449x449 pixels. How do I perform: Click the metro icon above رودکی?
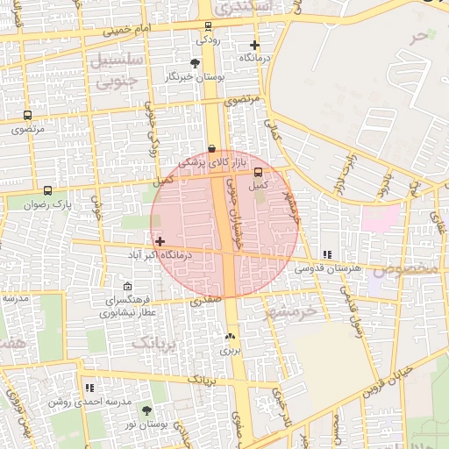click(208, 26)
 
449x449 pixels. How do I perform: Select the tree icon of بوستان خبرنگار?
click(195, 63)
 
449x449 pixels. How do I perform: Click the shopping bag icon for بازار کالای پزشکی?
click(211, 149)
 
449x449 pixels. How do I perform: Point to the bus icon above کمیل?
click(257, 172)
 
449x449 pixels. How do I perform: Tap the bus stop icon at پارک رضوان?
click(47, 190)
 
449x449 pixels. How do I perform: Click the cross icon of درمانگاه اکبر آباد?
click(160, 240)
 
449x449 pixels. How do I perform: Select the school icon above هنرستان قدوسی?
click(326, 253)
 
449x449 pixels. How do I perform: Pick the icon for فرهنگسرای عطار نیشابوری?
click(128, 287)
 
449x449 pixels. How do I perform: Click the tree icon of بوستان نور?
click(146, 410)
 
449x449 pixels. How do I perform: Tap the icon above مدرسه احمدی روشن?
click(89, 387)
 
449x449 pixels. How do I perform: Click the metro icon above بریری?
click(230, 336)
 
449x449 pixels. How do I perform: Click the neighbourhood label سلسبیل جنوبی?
click(110, 73)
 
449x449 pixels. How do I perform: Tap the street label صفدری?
click(203, 301)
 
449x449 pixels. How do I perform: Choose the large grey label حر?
click(422, 37)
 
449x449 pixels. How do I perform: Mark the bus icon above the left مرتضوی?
click(27, 115)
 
